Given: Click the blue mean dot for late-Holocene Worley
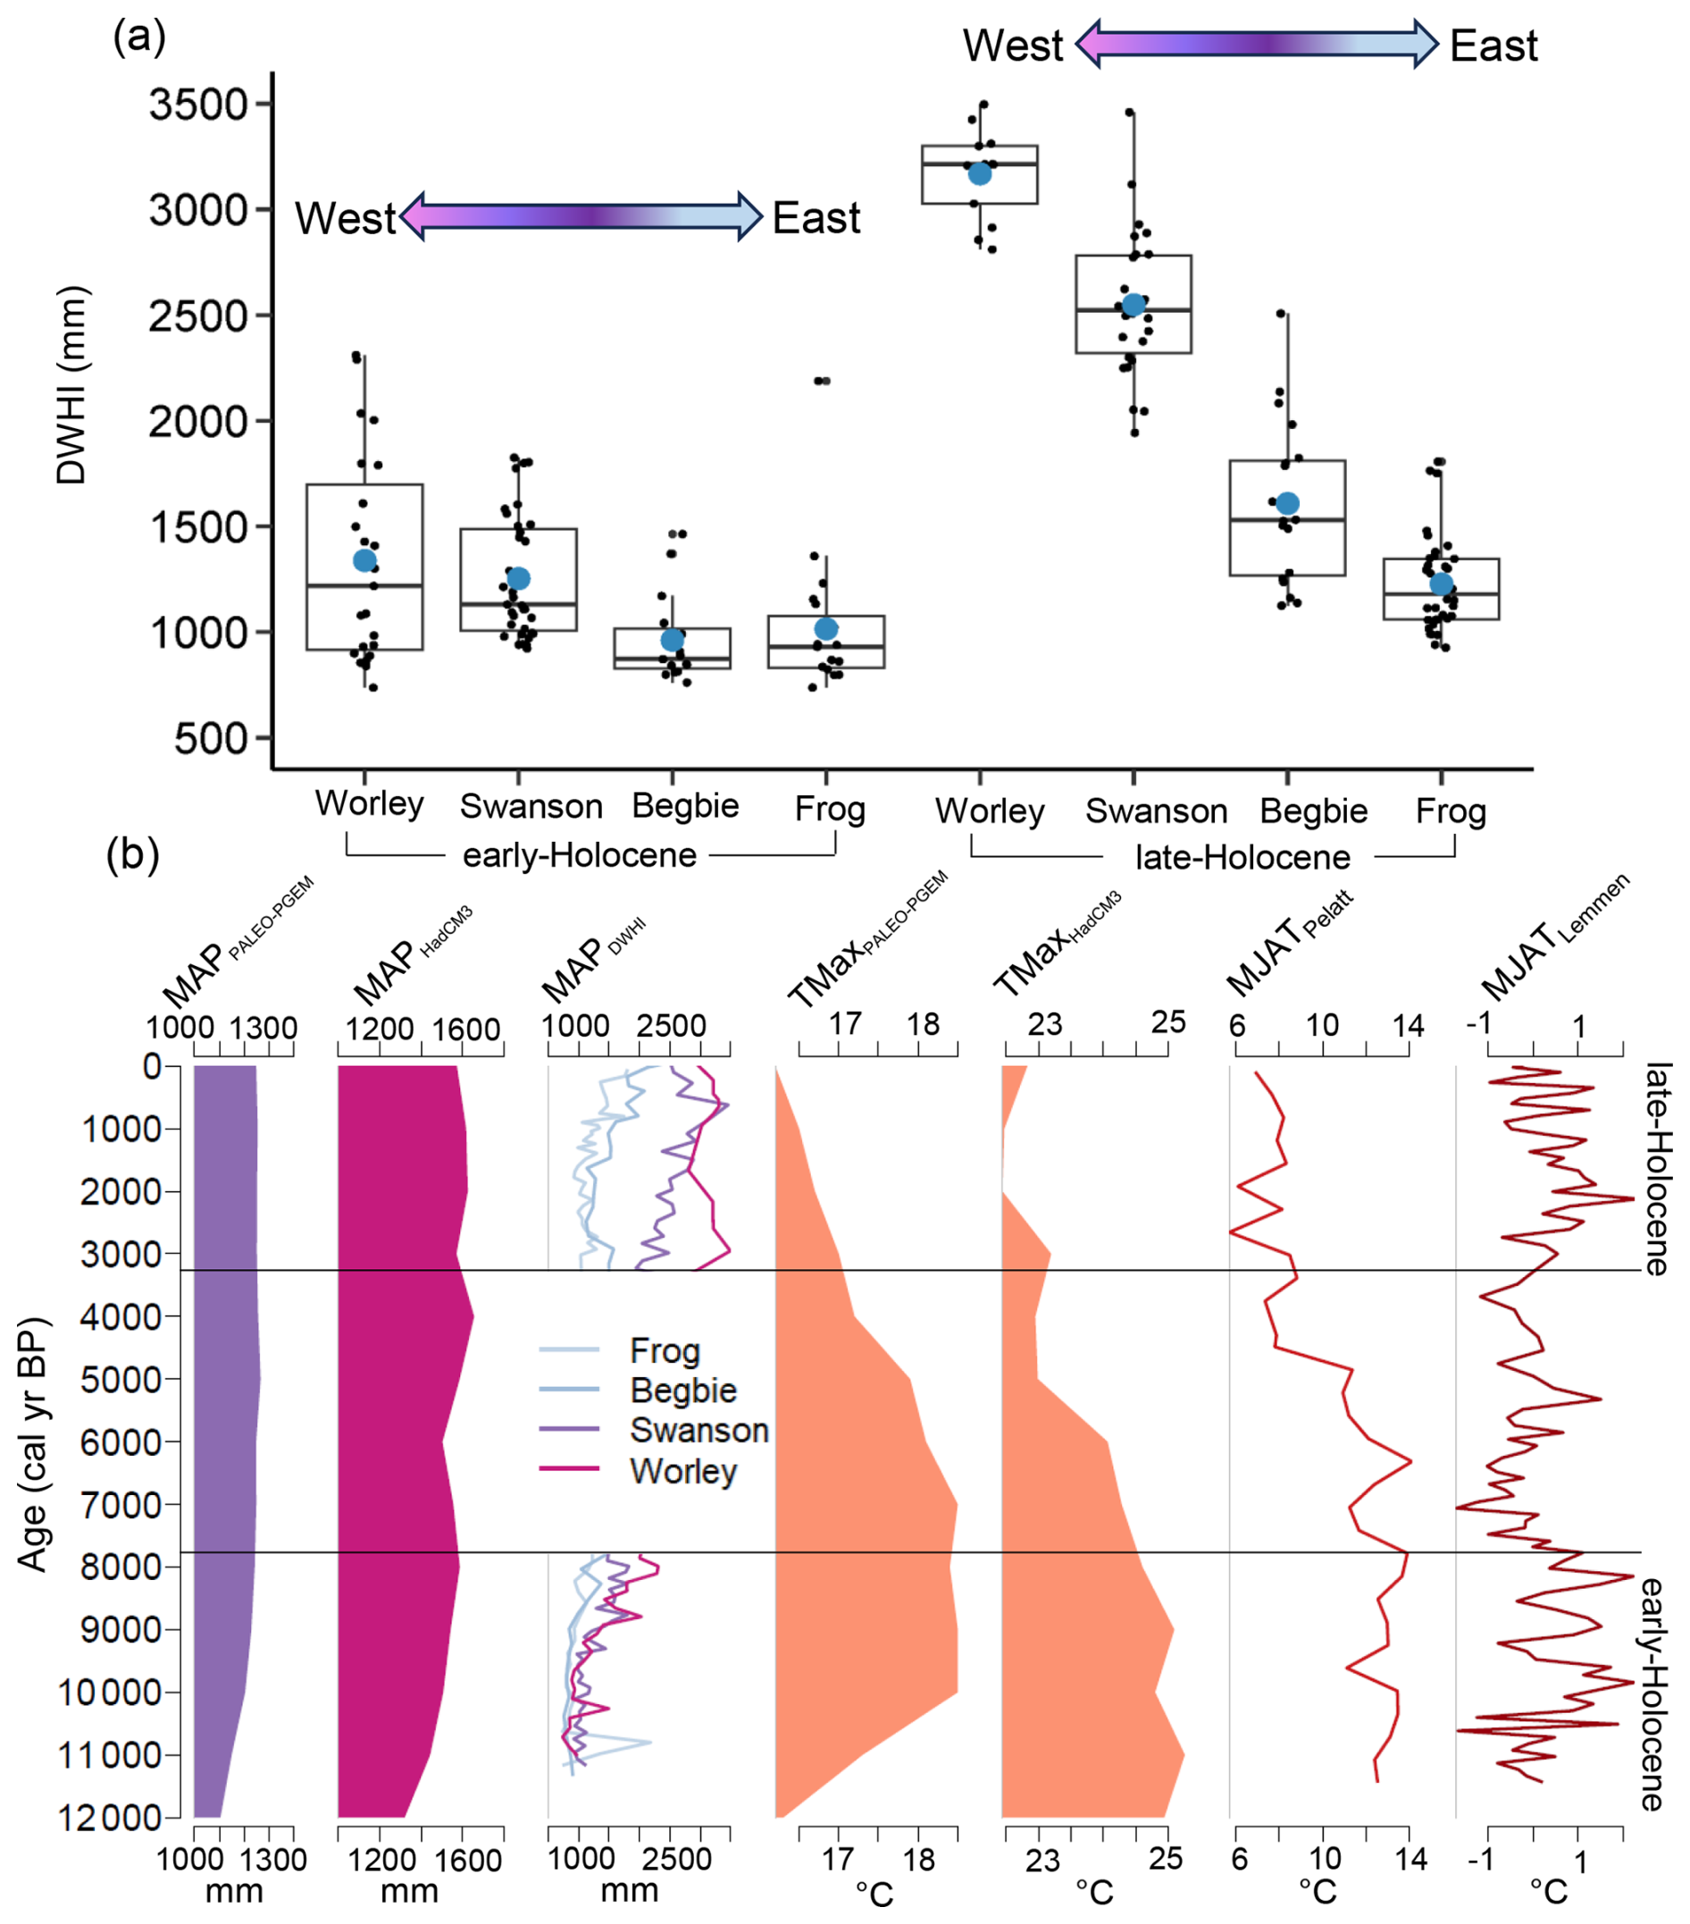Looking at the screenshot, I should (979, 174).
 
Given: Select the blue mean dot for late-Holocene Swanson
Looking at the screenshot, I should (1133, 305).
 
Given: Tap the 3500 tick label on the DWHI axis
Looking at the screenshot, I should (197, 105).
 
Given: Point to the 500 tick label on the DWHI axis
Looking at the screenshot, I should (210, 739).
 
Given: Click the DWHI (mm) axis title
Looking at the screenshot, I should (71, 385).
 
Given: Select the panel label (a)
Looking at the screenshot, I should (139, 38).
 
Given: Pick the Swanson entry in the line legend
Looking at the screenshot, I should (699, 1430).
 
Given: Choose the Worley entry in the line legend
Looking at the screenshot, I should (683, 1470).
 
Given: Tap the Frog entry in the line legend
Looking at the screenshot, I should (665, 1351).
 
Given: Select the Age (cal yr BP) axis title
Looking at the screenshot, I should (32, 1445).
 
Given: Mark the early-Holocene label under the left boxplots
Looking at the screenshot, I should (579, 855).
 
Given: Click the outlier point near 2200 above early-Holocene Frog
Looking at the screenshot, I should (823, 382).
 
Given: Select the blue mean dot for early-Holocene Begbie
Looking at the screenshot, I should (672, 640).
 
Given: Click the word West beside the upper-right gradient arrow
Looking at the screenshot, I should (1013, 46).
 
